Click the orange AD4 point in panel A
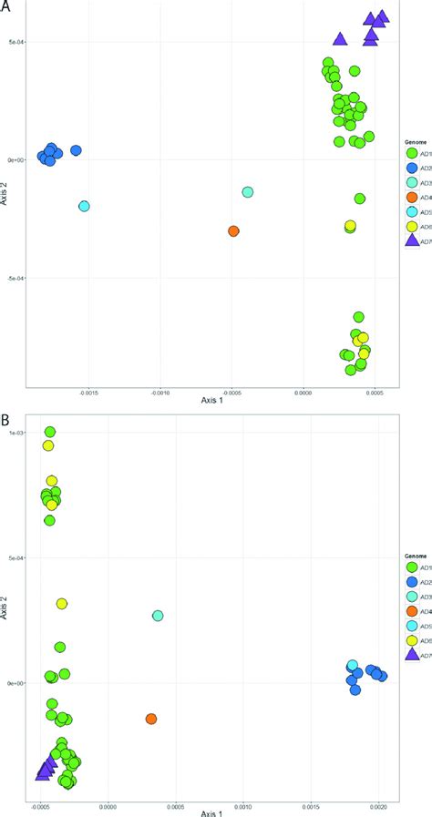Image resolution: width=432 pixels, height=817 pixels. click(234, 231)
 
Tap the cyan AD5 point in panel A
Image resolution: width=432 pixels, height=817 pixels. click(85, 206)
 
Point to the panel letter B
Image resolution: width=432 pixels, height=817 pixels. click(6, 421)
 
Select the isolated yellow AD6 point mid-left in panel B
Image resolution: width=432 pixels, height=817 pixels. click(62, 604)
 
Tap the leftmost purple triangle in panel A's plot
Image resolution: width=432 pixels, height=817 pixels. click(340, 39)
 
